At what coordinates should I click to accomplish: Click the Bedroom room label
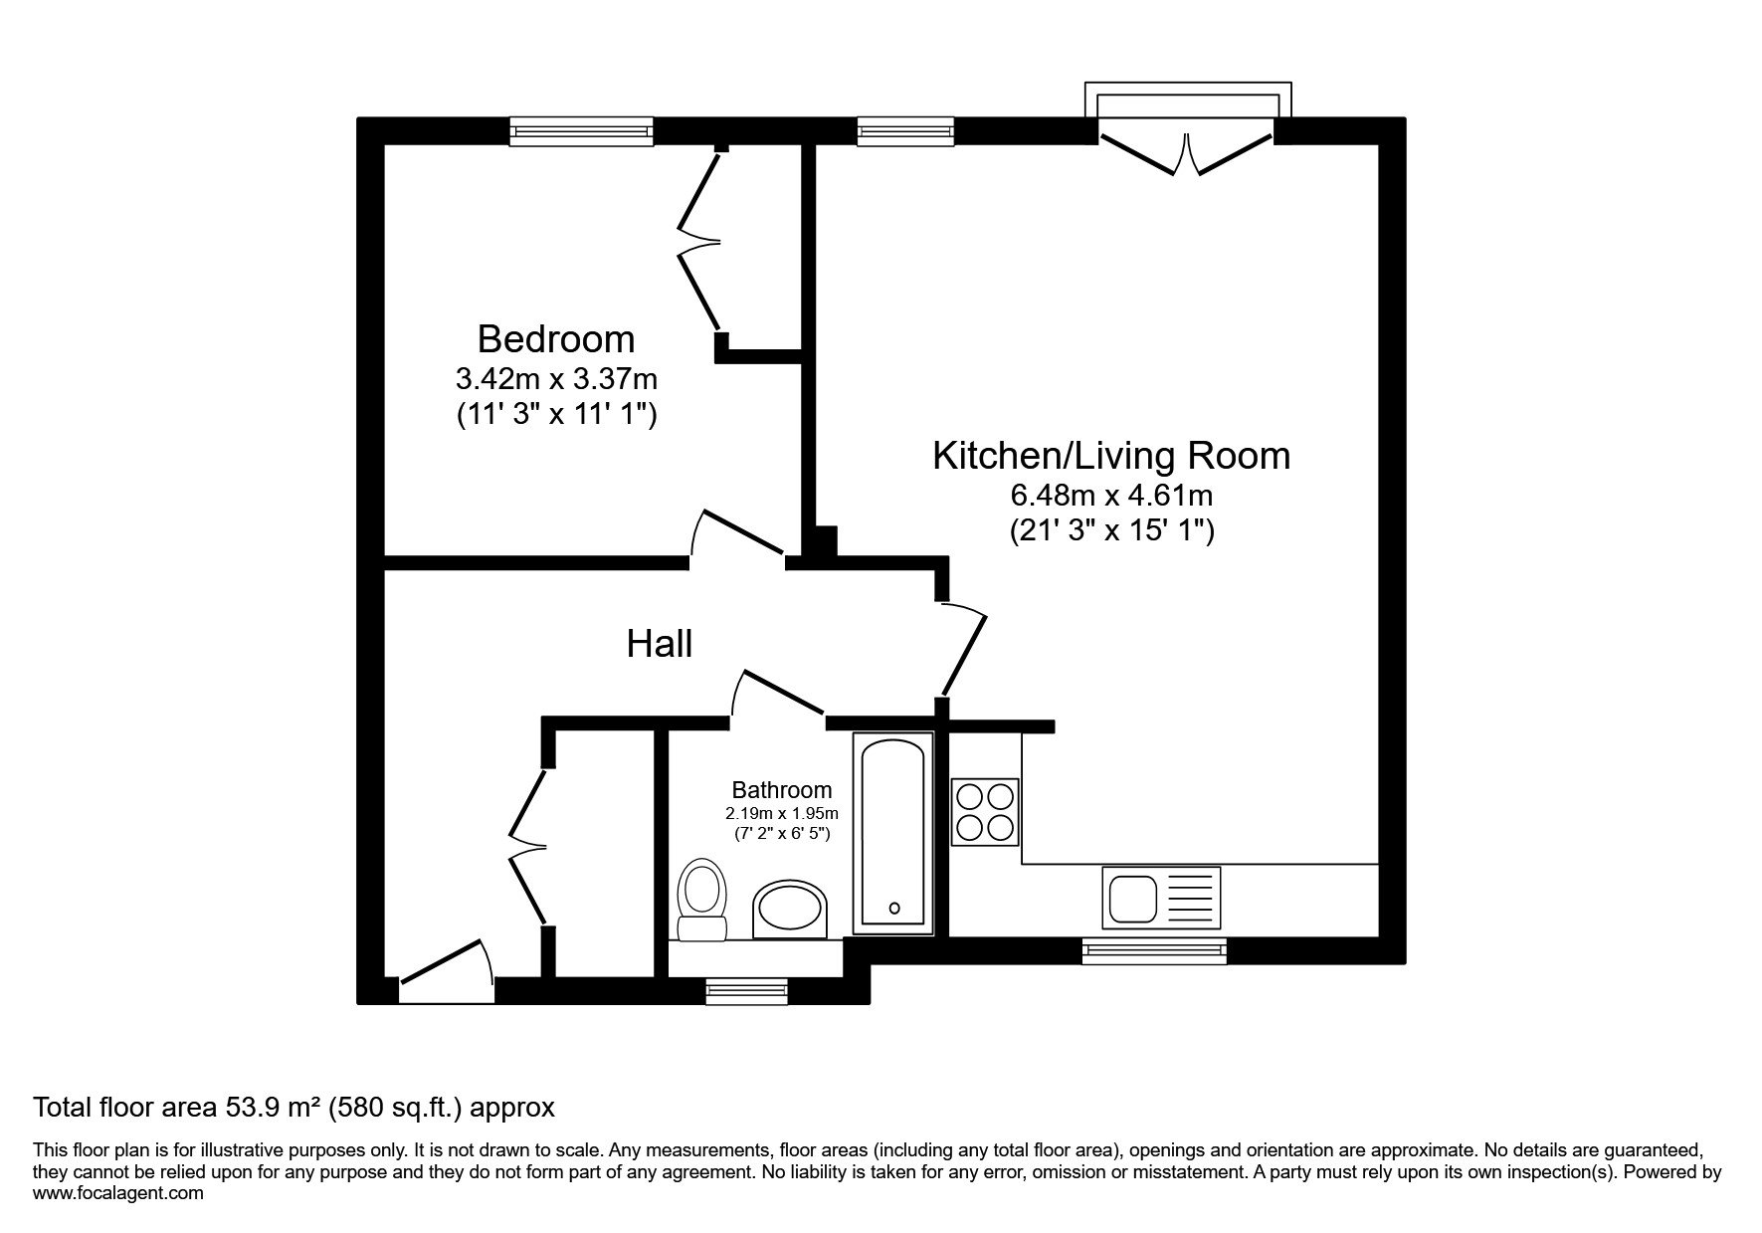[x=555, y=339]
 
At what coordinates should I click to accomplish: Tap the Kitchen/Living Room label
[x=1111, y=456]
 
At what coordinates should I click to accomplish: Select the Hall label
[x=660, y=644]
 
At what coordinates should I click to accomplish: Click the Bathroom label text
[x=782, y=790]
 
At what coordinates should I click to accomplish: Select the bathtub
[x=893, y=834]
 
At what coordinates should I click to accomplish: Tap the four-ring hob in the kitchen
[x=986, y=811]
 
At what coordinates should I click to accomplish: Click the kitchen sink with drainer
[x=1161, y=897]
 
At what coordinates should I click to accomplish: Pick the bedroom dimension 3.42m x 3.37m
[x=556, y=379]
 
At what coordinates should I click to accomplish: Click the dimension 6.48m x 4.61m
[x=1111, y=495]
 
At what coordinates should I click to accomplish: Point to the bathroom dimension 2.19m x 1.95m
[x=782, y=814]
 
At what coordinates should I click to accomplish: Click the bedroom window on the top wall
[x=582, y=131]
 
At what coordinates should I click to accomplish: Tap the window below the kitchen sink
[x=1154, y=950]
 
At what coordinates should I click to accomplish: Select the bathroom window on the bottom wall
[x=746, y=990]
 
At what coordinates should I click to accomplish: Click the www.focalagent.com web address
[x=118, y=1193]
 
